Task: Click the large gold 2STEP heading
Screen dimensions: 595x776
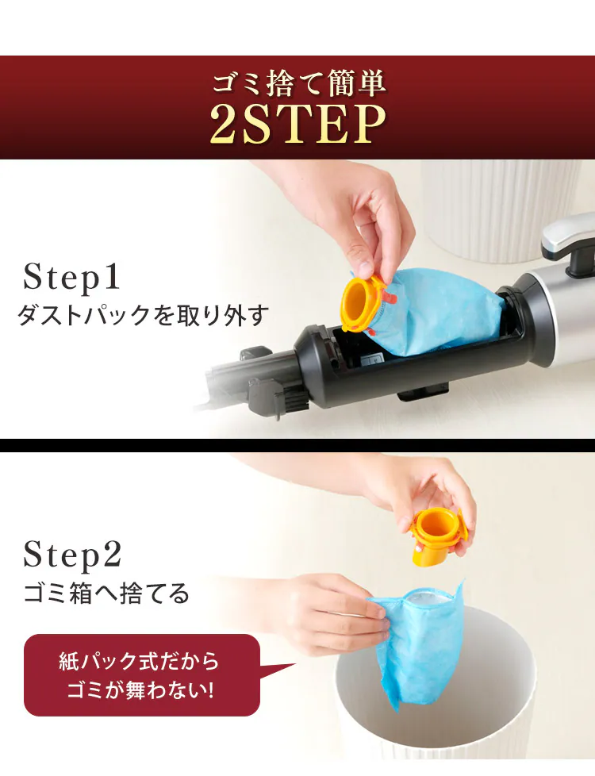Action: tap(298, 123)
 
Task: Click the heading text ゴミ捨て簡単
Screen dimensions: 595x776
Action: tap(298, 83)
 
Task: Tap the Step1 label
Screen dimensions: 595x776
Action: tap(71, 277)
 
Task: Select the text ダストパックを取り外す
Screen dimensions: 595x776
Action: tap(143, 315)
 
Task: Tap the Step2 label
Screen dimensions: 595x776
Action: tap(72, 555)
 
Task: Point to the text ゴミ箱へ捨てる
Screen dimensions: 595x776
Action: tap(106, 593)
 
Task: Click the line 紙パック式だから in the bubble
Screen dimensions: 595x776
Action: tap(139, 661)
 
